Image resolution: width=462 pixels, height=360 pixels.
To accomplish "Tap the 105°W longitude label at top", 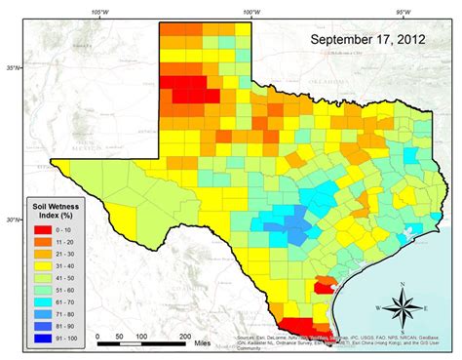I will pos(99,13).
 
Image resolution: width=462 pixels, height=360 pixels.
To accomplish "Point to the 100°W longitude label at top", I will pos(250,13).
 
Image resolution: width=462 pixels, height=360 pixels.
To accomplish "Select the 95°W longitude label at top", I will pos(402,13).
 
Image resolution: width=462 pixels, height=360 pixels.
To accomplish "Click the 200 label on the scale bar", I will pos(184,335).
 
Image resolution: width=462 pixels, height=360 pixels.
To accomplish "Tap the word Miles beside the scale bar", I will pos(203,343).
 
